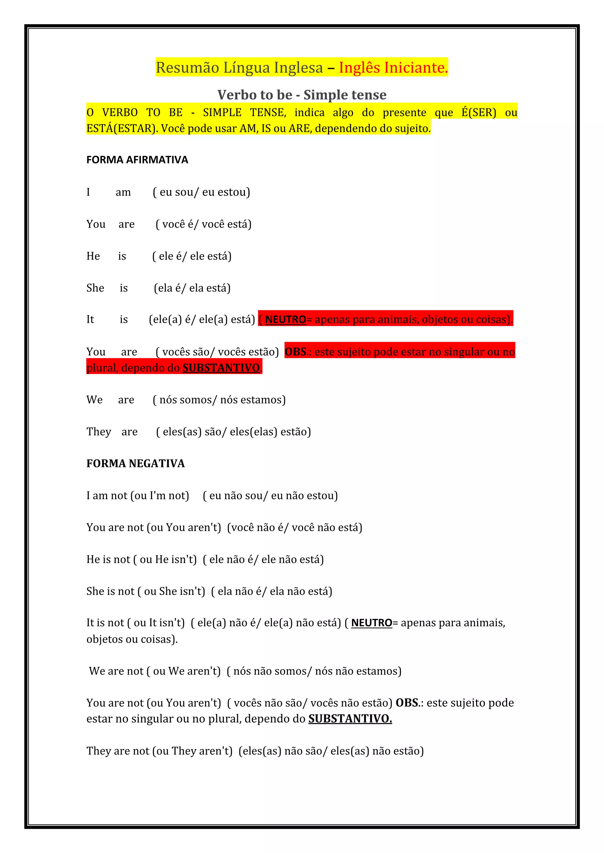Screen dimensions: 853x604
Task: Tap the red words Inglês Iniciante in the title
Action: pos(393,68)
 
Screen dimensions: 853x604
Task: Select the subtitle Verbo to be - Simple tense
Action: pos(302,95)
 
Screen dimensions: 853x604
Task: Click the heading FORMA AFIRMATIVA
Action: pos(137,160)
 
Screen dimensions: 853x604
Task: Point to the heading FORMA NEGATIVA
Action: pos(135,463)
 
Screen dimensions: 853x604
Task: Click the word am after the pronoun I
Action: pos(123,192)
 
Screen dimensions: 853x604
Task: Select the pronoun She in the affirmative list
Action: pos(95,288)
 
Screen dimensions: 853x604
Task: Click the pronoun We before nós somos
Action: pos(94,400)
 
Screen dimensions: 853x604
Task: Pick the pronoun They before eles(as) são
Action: pos(99,432)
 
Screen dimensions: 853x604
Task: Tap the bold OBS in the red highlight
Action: pos(296,351)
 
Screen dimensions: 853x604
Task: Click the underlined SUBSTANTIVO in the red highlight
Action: pos(221,368)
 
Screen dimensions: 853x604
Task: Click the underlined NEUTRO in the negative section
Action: pos(372,623)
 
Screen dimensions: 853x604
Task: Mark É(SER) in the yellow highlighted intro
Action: pos(479,113)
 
